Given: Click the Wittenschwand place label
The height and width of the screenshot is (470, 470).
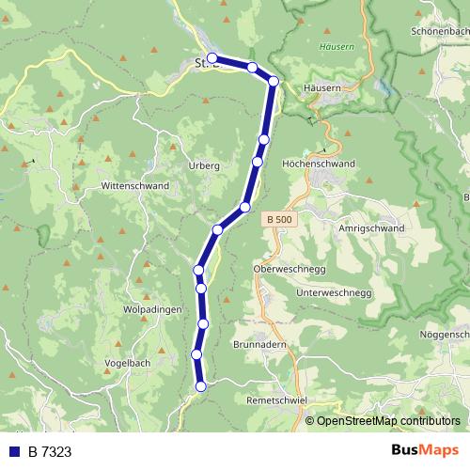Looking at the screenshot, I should [135, 186].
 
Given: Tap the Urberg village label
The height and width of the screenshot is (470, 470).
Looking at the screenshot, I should [206, 165].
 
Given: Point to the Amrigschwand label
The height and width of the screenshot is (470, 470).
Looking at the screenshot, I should [368, 228].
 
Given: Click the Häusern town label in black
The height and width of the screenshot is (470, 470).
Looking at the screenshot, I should [321, 87].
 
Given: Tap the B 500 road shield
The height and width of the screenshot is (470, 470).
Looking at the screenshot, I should [277, 219].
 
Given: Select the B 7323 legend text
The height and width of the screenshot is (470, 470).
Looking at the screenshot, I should [50, 451].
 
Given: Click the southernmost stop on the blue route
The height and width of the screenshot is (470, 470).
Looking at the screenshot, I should [200, 385].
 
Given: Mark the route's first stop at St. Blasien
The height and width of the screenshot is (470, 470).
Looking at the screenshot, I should [212, 58].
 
